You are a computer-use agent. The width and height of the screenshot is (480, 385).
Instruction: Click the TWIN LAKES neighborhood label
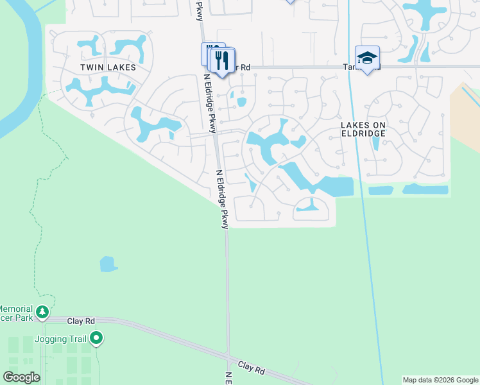tap(108, 67)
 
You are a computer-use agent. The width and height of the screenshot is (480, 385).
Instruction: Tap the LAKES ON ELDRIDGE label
tap(363, 128)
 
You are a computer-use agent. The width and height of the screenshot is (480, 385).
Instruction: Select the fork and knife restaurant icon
tap(222, 61)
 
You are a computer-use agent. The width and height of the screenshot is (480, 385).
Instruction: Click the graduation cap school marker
tap(367, 58)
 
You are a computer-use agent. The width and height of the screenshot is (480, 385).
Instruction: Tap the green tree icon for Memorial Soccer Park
tap(42, 312)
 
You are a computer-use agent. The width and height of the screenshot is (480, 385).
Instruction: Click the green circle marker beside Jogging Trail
tap(96, 337)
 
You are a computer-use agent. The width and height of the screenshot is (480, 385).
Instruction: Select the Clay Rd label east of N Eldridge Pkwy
tap(252, 368)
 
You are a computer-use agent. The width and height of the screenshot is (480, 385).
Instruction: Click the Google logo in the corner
tap(21, 377)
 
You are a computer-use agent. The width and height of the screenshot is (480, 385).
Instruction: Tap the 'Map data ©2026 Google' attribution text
tap(440, 380)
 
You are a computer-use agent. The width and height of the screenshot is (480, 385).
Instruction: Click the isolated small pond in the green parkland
tap(108, 264)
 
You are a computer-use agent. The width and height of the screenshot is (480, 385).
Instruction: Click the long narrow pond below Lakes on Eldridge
tap(425, 189)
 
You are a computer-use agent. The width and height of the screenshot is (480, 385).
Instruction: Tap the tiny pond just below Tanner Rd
tap(241, 102)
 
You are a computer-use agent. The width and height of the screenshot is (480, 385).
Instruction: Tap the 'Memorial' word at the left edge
tap(13, 308)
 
